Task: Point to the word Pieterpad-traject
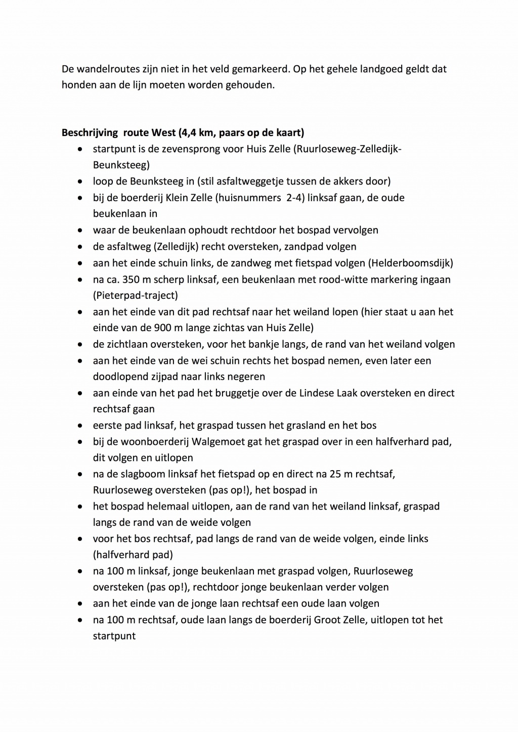[x=136, y=295]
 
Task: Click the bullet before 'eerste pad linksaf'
[x=80, y=426]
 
